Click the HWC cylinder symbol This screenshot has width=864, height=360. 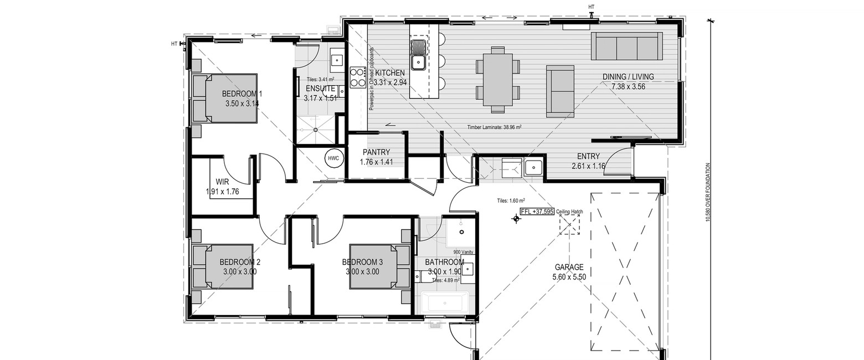click(x=333, y=158)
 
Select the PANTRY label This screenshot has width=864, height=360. click(x=377, y=152)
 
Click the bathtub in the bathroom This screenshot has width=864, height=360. click(x=445, y=303)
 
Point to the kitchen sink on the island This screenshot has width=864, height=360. click(x=417, y=55)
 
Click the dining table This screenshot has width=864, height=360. click(x=498, y=78)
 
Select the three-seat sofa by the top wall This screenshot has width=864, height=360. click(x=626, y=46)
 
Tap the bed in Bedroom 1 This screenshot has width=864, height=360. click(x=225, y=99)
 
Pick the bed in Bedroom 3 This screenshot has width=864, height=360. click(x=373, y=266)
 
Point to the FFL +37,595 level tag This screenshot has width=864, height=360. click(x=537, y=212)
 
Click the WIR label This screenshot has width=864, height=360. click(x=223, y=181)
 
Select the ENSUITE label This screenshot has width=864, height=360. click(x=320, y=89)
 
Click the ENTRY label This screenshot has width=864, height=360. click(x=589, y=156)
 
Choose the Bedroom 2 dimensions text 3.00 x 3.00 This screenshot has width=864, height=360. click(x=240, y=272)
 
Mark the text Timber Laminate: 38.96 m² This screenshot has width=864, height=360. click(x=493, y=127)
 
